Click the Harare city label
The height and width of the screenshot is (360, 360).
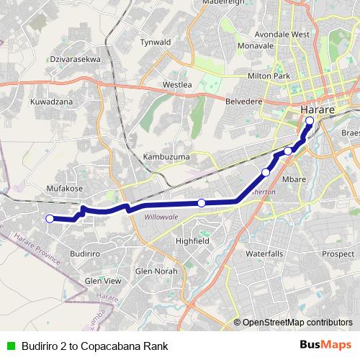315,109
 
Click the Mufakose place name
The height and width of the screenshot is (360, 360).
66,188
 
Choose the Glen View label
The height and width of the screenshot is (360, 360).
103,281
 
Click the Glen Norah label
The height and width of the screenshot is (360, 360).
156,271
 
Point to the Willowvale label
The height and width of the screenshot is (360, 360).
160,217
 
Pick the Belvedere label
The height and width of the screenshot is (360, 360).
246,102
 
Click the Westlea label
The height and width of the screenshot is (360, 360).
177,84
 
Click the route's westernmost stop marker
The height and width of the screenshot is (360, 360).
50,219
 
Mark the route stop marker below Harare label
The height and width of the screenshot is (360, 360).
310,121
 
